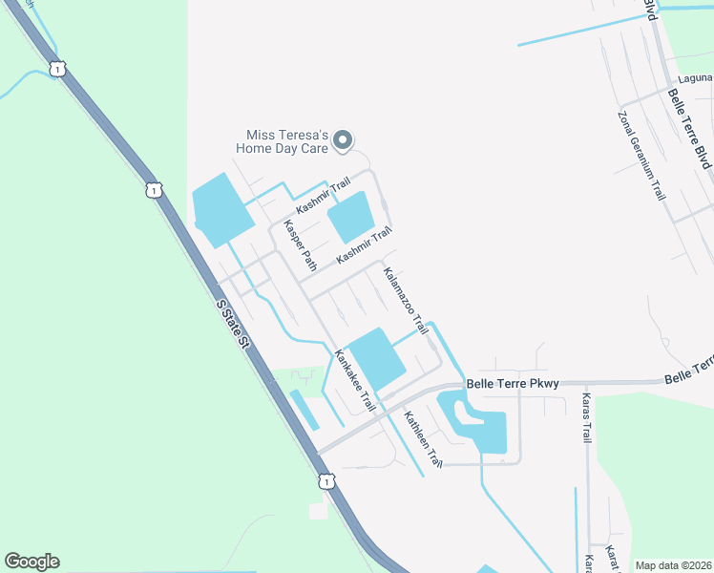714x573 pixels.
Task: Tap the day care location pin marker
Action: click(x=345, y=141)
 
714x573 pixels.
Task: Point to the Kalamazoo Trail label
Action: click(x=405, y=300)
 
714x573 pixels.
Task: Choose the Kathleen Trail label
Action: click(x=423, y=438)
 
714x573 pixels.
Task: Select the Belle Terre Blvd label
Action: click(x=689, y=129)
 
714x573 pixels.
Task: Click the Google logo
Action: click(x=31, y=562)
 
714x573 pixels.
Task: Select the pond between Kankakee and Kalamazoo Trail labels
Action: click(x=375, y=358)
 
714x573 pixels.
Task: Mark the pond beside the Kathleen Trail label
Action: click(x=485, y=430)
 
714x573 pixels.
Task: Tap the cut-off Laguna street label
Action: click(x=694, y=77)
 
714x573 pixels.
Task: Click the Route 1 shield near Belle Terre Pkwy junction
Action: click(x=326, y=481)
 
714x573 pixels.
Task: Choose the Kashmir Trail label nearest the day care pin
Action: click(x=323, y=195)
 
